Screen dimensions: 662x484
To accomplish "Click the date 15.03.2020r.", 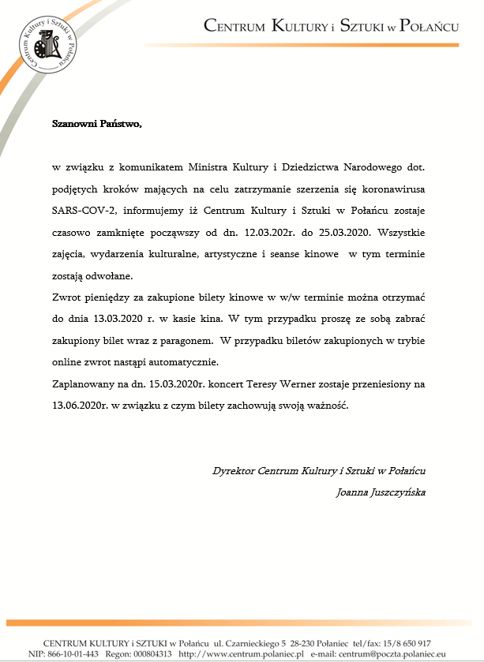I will pyautogui.click(x=180, y=384).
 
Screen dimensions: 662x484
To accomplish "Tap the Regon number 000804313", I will pyautogui.click(x=147, y=654).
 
